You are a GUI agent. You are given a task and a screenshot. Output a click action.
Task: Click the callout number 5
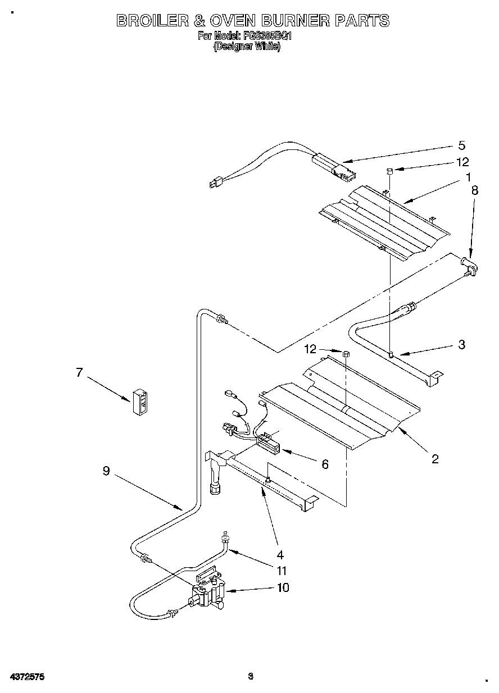(461, 145)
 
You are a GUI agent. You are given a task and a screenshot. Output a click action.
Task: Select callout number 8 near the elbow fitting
(475, 190)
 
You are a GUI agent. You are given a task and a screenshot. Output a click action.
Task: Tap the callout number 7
(79, 372)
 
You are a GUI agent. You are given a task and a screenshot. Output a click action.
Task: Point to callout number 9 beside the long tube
(106, 472)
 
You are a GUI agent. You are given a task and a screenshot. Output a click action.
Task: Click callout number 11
(282, 571)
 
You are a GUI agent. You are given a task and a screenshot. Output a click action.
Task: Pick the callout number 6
(325, 464)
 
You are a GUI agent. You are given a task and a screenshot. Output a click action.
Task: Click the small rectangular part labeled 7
(140, 402)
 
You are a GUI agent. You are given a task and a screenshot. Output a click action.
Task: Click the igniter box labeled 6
(269, 447)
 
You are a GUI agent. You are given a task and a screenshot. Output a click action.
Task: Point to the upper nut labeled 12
(389, 171)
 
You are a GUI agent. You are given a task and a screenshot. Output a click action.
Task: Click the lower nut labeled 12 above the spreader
(346, 354)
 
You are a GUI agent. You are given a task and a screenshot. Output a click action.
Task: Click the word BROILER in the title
(151, 21)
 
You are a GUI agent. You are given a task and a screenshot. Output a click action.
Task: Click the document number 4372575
(26, 677)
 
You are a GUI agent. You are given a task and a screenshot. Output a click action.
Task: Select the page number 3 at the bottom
(251, 677)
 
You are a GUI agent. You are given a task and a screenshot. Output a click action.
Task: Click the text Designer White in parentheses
(246, 48)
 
